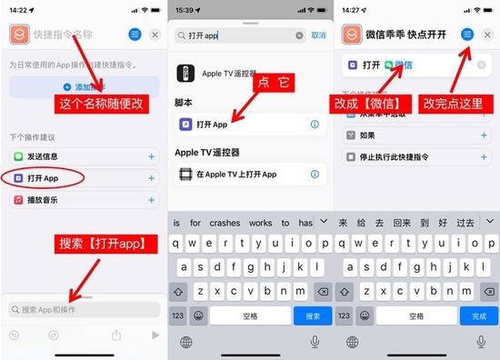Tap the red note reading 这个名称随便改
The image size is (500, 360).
[102, 104]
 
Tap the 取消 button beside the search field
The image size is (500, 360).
[318, 35]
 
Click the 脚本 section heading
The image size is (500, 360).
[185, 104]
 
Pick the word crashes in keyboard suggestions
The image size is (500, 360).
[225, 223]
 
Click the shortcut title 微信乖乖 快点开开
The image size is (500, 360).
[406, 35]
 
